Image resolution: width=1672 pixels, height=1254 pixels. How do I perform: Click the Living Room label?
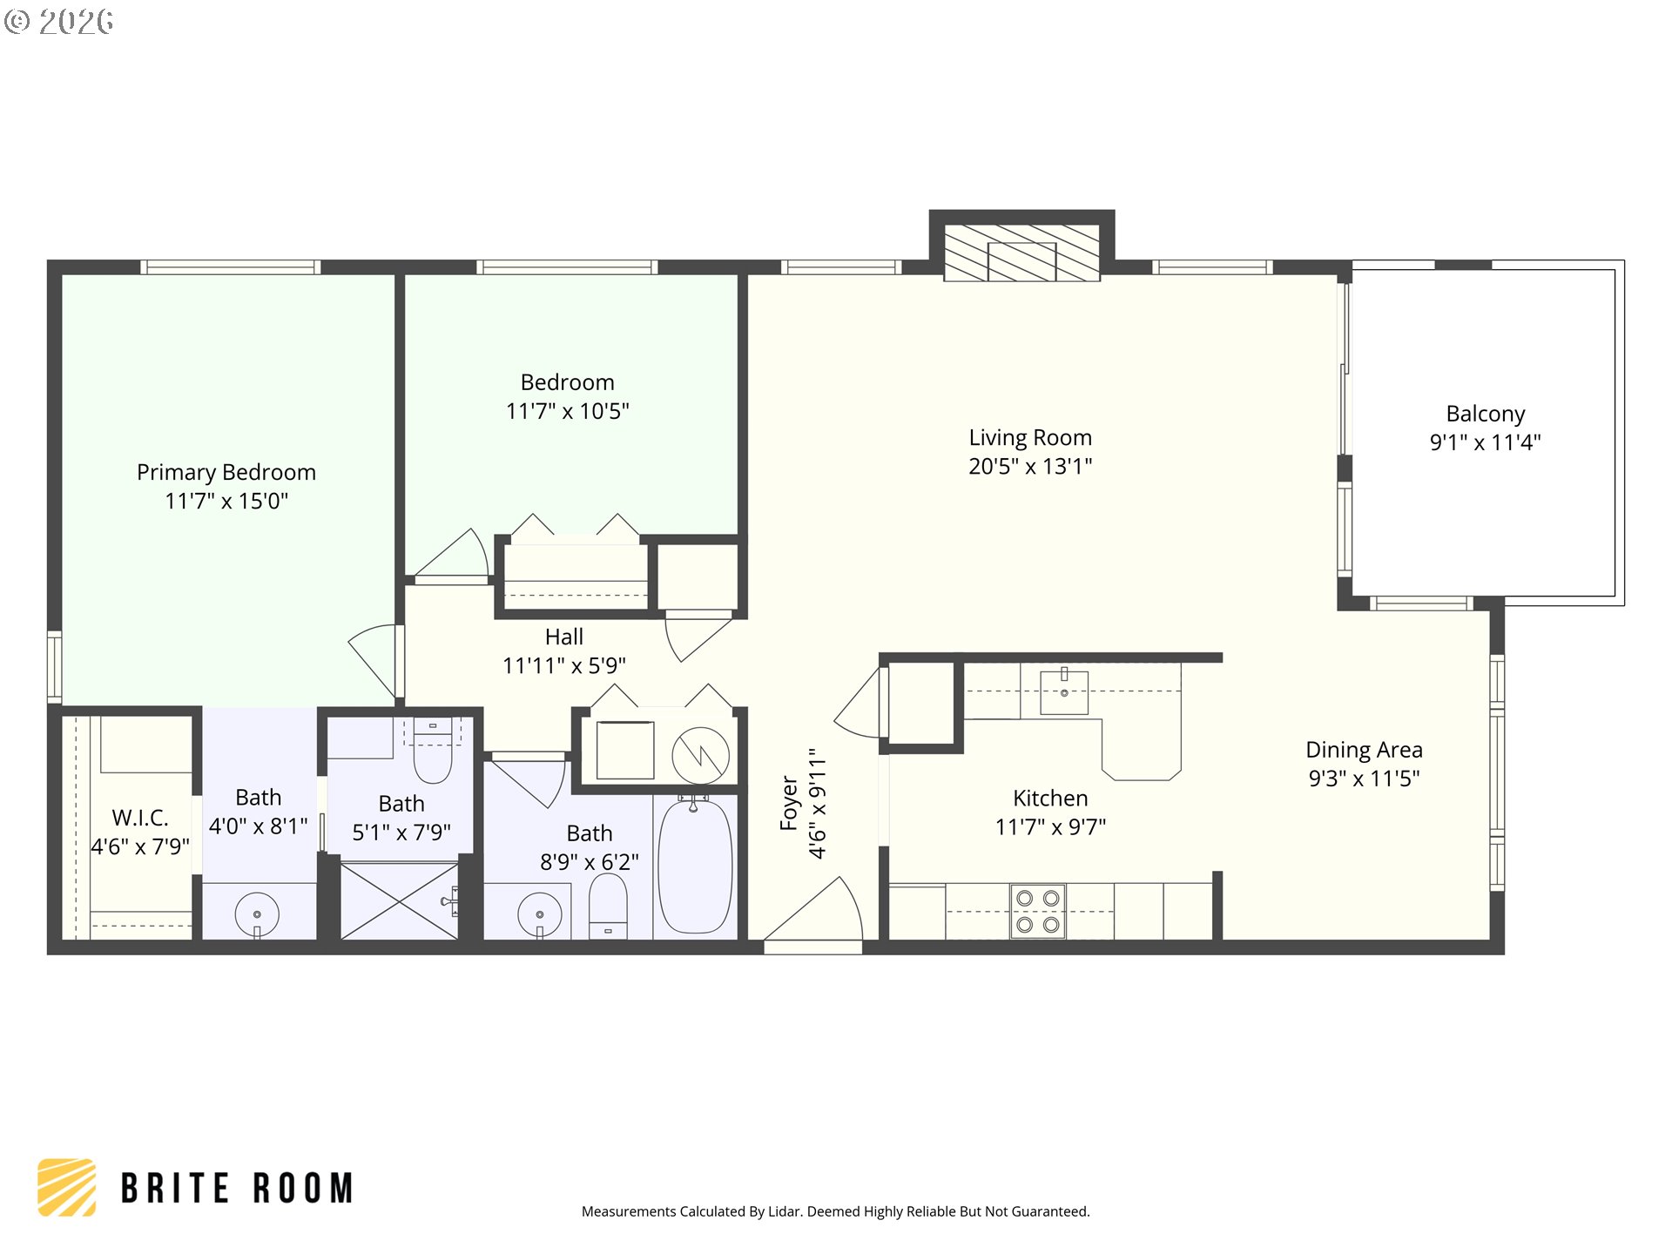[1029, 437]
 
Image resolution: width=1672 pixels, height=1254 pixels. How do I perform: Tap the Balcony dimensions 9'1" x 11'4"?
[1485, 442]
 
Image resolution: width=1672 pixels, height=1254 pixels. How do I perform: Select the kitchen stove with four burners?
[1038, 911]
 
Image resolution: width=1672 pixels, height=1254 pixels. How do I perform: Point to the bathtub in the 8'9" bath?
[695, 866]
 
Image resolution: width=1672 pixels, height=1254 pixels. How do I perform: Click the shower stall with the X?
[399, 901]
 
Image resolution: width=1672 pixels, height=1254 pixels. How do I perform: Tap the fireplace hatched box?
[1021, 253]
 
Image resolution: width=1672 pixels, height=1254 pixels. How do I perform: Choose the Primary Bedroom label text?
[226, 472]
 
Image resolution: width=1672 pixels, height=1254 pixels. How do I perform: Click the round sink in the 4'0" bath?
[257, 914]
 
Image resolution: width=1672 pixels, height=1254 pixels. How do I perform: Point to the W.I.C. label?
[140, 818]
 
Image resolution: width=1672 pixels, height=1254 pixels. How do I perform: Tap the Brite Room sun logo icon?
[67, 1187]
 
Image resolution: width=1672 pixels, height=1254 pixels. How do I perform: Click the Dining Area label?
[1364, 750]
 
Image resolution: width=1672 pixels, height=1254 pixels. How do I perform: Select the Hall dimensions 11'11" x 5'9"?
[563, 666]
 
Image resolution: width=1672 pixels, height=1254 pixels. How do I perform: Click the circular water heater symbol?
[700, 755]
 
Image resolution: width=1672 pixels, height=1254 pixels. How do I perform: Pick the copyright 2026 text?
[59, 22]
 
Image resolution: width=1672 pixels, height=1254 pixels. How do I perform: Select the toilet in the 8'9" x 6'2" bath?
[608, 906]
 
